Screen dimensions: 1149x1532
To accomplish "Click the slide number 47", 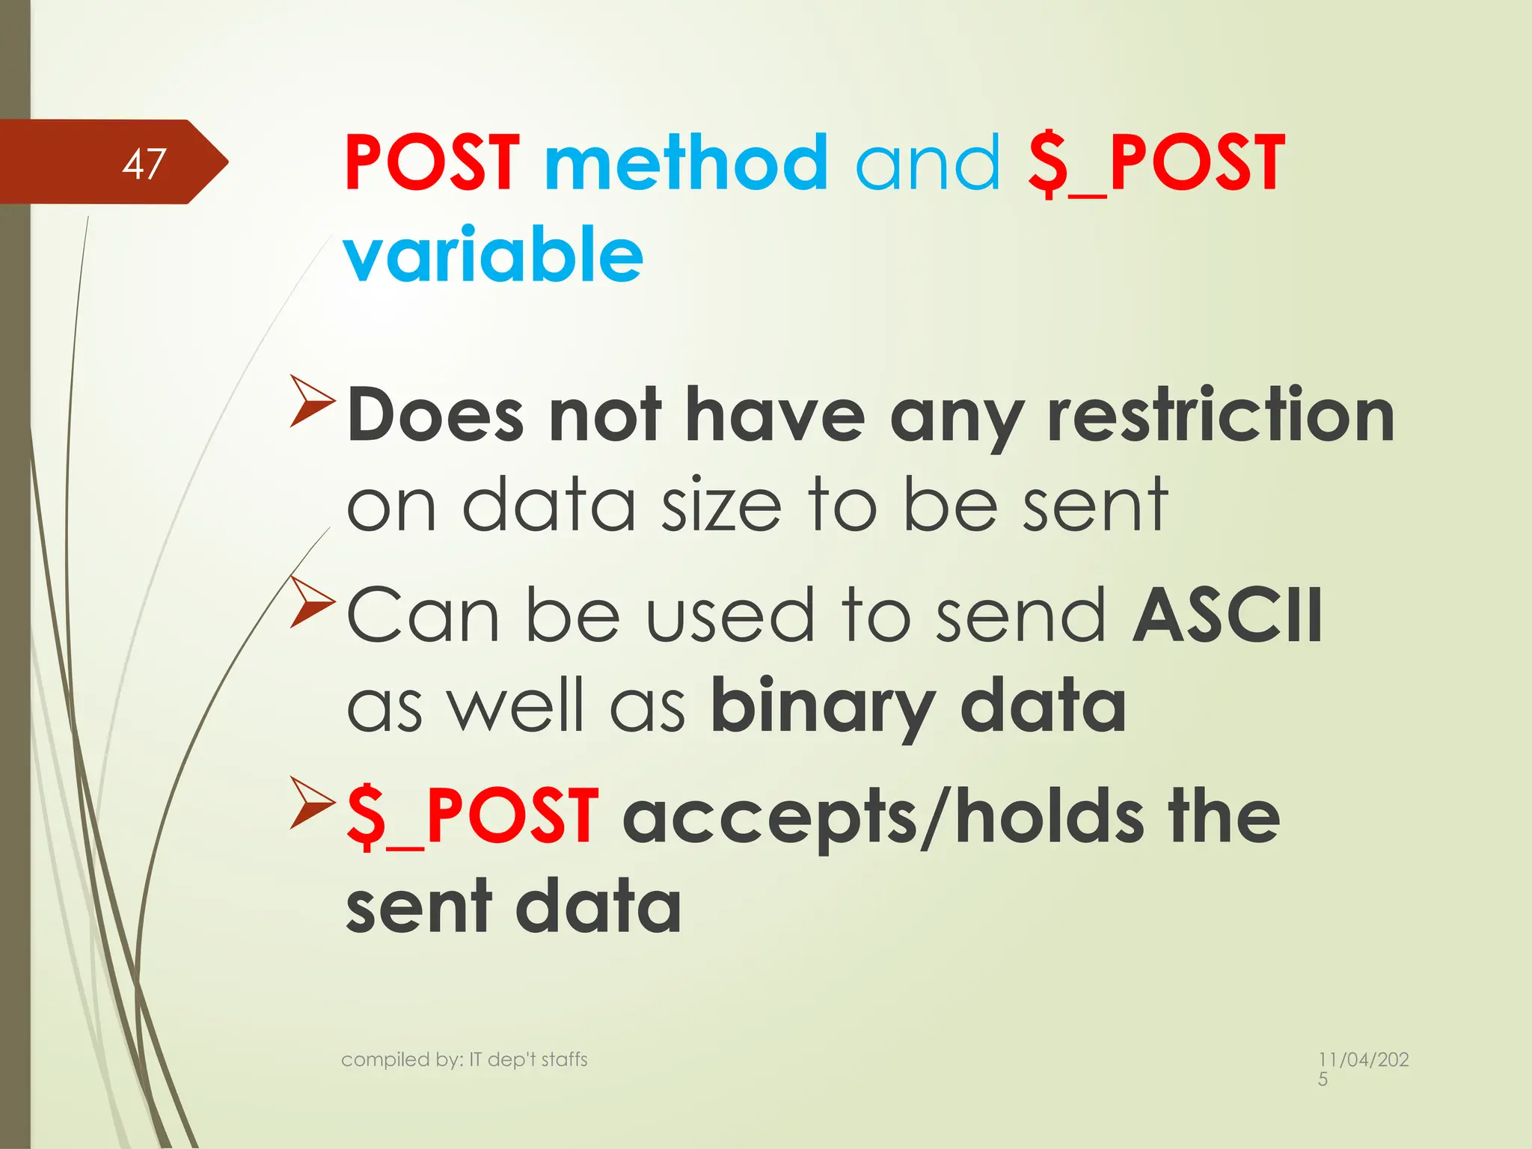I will (144, 163).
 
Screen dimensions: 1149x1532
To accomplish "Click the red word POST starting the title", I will (432, 162).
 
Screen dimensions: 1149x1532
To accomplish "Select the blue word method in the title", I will (686, 162).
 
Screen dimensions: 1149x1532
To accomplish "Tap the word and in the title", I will (927, 162).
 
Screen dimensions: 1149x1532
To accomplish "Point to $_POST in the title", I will (1156, 164).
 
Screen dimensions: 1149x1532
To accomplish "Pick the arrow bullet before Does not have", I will (311, 401).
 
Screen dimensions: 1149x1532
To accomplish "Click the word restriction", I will (1221, 415).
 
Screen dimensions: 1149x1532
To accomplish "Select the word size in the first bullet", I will (721, 506).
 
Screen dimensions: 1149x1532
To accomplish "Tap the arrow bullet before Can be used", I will (311, 601).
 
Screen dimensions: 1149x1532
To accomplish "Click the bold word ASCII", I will (1228, 615).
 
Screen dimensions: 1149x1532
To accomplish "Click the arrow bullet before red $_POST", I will (311, 803).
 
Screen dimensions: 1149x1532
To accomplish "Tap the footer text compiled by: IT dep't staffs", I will (464, 1059).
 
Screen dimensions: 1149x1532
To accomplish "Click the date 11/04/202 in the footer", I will (1363, 1060).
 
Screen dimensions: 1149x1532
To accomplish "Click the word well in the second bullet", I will (515, 705).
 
